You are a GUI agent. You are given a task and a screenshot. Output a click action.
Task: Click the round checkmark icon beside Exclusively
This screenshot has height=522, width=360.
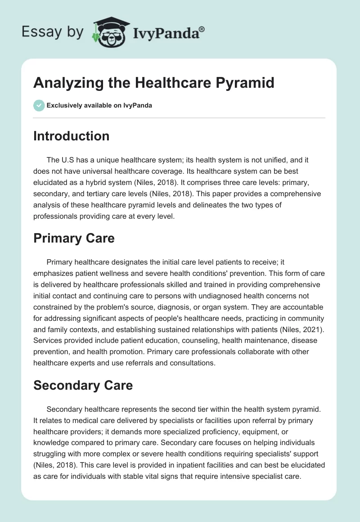coord(39,105)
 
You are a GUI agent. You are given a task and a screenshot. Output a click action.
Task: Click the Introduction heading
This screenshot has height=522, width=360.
coord(71,136)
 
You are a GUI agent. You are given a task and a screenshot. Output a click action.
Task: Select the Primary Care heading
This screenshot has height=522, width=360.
coord(74,238)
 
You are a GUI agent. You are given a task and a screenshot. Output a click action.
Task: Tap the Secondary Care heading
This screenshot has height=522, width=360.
coord(83,385)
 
